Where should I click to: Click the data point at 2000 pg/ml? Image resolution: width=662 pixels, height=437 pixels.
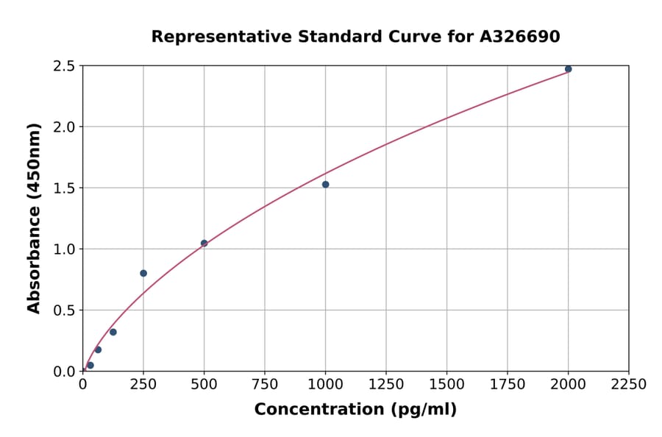pos(568,69)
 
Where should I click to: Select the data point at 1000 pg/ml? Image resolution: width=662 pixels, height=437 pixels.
pos(325,185)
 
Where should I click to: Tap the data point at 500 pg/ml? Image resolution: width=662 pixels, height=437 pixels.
pos(204,243)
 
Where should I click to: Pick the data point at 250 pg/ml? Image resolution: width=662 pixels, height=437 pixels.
pos(143,273)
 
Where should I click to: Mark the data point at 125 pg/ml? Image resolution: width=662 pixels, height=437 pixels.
pos(113,332)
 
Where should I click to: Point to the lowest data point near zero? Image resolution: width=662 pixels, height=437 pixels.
pos(90,365)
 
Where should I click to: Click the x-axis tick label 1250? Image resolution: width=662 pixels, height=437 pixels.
pos(386,385)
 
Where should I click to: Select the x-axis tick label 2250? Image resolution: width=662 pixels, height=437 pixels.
pos(629,385)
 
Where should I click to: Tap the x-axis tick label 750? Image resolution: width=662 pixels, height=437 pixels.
pos(265,385)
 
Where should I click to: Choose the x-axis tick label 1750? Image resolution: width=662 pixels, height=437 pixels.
pos(508,385)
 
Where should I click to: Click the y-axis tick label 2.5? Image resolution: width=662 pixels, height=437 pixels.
pos(65,66)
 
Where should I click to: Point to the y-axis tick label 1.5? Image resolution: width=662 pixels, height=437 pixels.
pos(65,188)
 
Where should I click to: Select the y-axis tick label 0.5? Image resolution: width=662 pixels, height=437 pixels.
pos(65,310)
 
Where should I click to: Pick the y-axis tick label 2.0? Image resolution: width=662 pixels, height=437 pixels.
pos(65,127)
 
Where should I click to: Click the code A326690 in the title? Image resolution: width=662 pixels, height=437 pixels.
pos(520,37)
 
